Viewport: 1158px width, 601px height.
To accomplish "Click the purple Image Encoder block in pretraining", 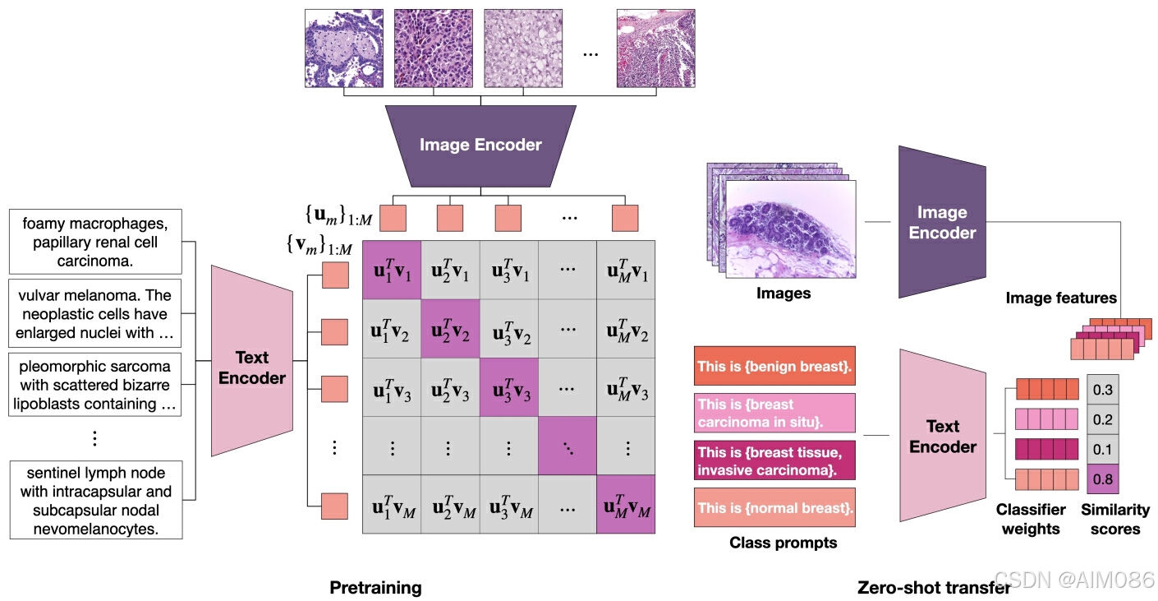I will coord(480,146).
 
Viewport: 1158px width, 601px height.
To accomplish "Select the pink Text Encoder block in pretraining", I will coord(252,368).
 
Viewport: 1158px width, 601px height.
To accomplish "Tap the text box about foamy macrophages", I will coord(95,242).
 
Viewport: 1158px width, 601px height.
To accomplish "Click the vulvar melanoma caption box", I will coord(95,314).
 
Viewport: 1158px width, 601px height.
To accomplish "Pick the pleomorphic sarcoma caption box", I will coord(95,385).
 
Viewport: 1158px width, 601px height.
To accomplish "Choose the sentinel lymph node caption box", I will coord(95,500).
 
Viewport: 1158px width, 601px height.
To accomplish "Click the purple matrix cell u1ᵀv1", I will coord(392,270).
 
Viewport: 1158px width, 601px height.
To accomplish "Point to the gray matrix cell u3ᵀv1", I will coord(509,270).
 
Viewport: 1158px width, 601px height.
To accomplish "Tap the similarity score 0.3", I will coord(1102,389).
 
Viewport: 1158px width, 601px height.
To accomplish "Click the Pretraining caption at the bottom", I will coord(375,588).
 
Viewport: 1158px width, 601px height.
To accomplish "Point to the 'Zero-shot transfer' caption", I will coord(933,588).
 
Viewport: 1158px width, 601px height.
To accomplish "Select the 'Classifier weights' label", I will coord(1031,520).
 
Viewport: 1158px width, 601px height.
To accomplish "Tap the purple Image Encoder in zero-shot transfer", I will coord(942,222).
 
